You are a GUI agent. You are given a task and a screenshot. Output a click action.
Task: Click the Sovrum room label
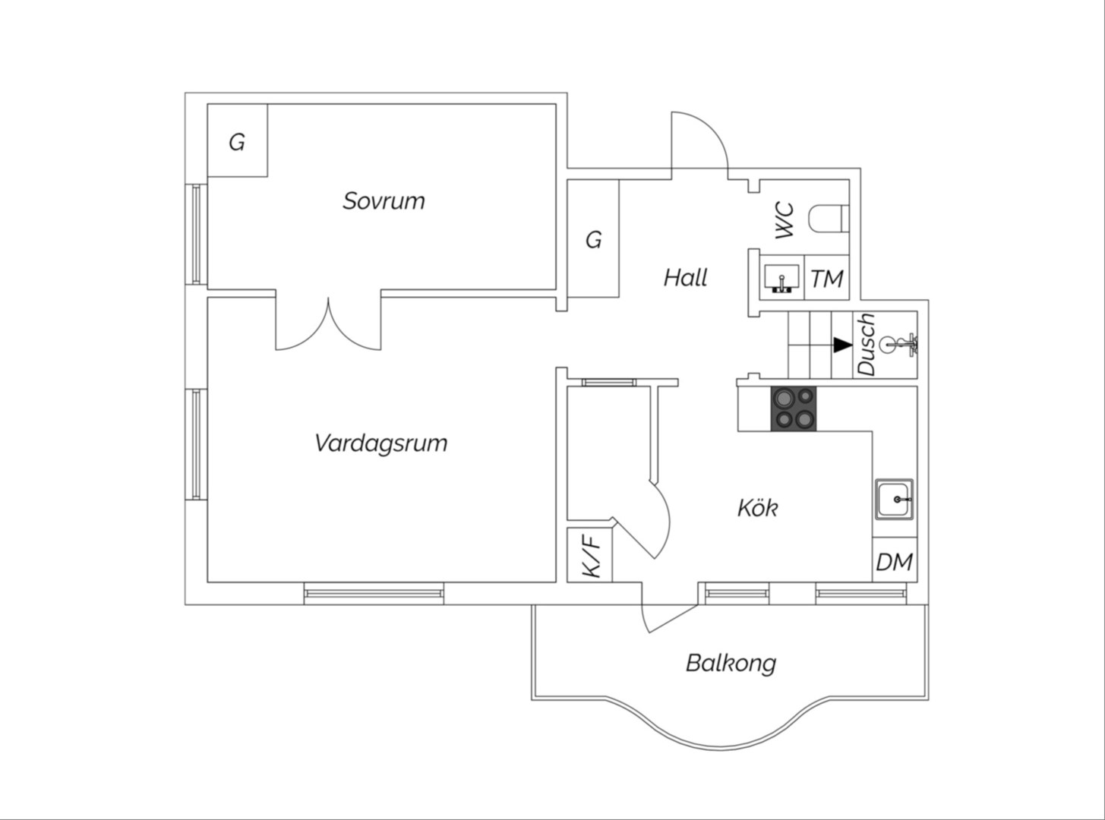click(384, 200)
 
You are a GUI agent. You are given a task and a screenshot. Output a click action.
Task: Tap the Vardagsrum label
click(381, 443)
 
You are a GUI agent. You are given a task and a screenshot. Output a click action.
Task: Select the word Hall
click(685, 277)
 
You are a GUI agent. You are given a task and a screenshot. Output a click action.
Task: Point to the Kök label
click(757, 508)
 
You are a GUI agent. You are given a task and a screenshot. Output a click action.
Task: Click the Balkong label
click(731, 664)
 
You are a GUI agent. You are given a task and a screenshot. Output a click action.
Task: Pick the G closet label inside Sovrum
click(237, 143)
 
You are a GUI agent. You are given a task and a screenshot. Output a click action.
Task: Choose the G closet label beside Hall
click(593, 240)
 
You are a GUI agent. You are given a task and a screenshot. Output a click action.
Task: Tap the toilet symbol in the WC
click(829, 219)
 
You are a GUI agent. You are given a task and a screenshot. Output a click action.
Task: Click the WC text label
click(785, 219)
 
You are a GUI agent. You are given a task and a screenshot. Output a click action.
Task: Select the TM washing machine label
click(827, 279)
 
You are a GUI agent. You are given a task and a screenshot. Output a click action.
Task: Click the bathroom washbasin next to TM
click(781, 279)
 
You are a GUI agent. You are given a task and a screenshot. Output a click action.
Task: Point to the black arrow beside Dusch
click(842, 345)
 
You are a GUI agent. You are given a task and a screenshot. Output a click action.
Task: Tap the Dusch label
click(867, 344)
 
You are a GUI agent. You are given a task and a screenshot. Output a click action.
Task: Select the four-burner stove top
click(794, 408)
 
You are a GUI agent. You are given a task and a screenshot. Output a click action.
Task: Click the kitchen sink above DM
click(895, 499)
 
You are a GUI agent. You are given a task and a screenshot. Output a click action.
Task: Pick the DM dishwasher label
click(895, 563)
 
